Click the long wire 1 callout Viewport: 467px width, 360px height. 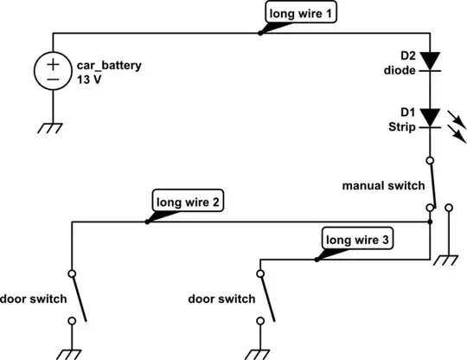(x=297, y=15)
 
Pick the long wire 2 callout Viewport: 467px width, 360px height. (x=188, y=202)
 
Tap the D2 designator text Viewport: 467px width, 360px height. (x=406, y=56)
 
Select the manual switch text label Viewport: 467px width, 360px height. (x=383, y=186)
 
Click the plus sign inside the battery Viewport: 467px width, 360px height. (x=53, y=64)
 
